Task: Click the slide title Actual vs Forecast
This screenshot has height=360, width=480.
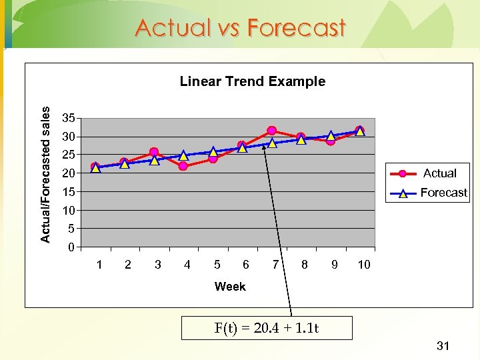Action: tap(240, 28)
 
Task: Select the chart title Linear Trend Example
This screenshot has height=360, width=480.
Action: tap(253, 81)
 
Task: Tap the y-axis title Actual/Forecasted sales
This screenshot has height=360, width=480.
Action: tap(45, 175)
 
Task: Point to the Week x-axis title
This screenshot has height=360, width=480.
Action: tap(230, 287)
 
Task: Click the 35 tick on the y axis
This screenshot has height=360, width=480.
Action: tap(67, 118)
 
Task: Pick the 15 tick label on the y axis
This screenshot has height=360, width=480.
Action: tap(67, 192)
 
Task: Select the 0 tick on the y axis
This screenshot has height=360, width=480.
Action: tap(71, 248)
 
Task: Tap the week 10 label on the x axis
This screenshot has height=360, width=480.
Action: tap(363, 265)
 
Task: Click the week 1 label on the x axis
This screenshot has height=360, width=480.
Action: tap(99, 265)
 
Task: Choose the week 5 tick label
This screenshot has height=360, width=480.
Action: tap(217, 265)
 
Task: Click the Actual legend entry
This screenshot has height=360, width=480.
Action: tap(439, 173)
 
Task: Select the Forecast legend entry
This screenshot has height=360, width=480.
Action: tap(443, 193)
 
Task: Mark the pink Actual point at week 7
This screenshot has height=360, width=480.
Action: tap(271, 131)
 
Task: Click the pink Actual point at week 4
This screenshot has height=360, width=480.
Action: tap(183, 166)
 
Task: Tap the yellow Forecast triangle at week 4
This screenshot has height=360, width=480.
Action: tap(183, 156)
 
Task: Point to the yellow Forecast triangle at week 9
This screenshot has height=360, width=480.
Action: tap(331, 136)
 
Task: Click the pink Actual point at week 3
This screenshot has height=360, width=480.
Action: tap(154, 153)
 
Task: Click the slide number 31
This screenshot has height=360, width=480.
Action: tap(443, 345)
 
